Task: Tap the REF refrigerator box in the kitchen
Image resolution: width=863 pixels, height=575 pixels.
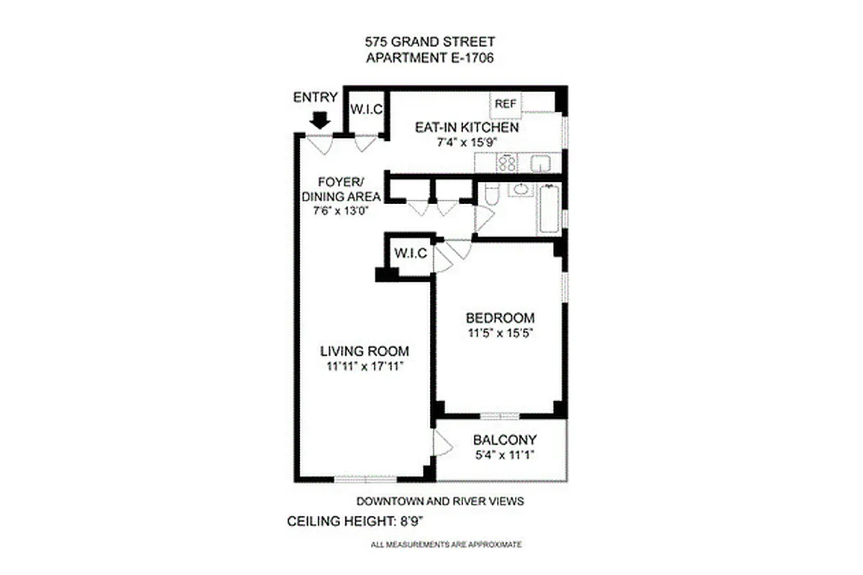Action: click(x=506, y=103)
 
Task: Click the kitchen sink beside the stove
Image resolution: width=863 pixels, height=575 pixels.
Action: click(x=540, y=164)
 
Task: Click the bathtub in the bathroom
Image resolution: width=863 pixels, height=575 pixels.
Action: click(x=549, y=208)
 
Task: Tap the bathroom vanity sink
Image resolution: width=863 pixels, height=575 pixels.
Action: click(x=519, y=190)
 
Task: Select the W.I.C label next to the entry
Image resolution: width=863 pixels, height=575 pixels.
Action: click(x=365, y=110)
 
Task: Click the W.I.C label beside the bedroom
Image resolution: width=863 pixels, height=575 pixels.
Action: click(x=411, y=254)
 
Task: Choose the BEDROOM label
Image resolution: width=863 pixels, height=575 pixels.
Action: click(x=500, y=318)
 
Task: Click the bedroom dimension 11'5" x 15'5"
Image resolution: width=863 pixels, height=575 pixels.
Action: click(x=500, y=333)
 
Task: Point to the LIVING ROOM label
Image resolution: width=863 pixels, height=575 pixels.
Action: click(x=365, y=351)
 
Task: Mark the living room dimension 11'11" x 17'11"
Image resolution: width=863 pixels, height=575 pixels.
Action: click(x=365, y=366)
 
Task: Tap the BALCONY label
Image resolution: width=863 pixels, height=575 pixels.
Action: click(x=505, y=440)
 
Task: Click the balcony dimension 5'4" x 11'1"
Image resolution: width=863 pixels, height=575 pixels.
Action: click(x=505, y=454)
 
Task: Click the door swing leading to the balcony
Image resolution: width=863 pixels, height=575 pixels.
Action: click(x=442, y=443)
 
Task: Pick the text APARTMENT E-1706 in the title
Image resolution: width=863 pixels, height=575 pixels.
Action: click(x=430, y=59)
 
